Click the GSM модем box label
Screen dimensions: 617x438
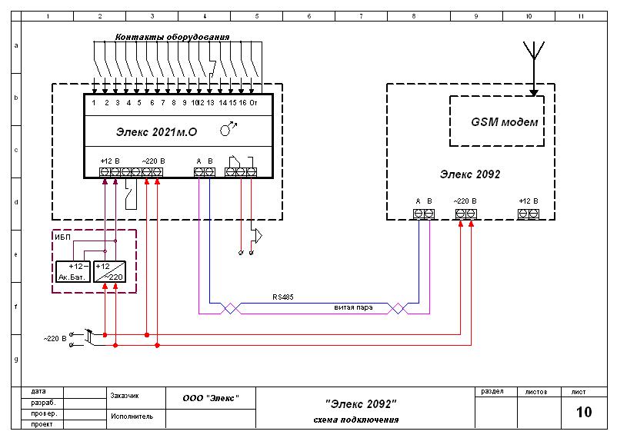[x=504, y=122]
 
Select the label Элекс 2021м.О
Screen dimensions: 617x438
[x=156, y=132]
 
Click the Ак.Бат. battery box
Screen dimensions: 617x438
[x=73, y=272]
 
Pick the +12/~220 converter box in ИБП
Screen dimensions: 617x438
[x=109, y=272]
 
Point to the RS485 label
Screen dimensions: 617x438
[x=283, y=297]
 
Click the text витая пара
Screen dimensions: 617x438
[x=353, y=307]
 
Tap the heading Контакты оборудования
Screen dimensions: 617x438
[x=172, y=38]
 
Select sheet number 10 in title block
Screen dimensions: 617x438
[x=584, y=412]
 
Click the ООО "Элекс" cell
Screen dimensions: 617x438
[x=211, y=398]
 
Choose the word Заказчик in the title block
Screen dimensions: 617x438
[x=125, y=396]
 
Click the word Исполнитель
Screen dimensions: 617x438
[x=132, y=416]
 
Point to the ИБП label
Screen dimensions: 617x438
[x=62, y=237]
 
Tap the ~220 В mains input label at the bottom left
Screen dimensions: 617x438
[x=55, y=339]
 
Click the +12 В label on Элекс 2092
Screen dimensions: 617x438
[x=528, y=201]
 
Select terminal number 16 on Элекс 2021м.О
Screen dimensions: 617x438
[x=242, y=103]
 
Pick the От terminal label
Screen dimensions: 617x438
[x=253, y=103]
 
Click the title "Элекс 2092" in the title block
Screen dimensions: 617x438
[x=361, y=403]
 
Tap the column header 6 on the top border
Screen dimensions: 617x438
[x=309, y=16]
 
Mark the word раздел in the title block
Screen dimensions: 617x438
[x=492, y=392]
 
